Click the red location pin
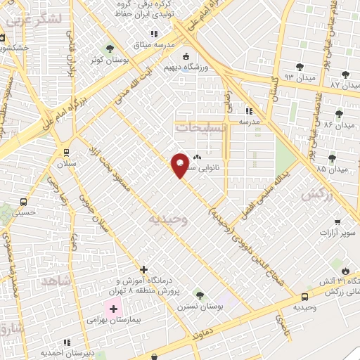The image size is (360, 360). click(181, 165)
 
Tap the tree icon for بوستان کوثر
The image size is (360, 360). click(108, 49)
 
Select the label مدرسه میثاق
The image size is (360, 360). click(158, 44)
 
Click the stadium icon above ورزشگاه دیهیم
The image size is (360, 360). click(186, 57)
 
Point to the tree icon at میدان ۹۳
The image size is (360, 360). click(300, 67)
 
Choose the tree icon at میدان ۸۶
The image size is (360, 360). click(339, 114)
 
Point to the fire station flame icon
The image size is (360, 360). click(345, 271)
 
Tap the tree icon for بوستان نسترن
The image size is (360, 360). click(199, 295)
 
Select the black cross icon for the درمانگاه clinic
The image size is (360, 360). click(143, 269)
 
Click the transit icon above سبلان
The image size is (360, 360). click(67, 151)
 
